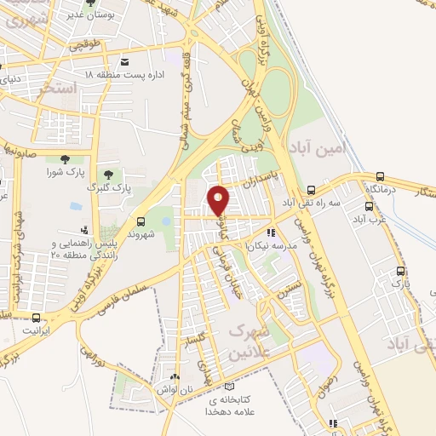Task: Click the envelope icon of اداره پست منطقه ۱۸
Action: pos(126,62)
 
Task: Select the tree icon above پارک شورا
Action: pos(65,158)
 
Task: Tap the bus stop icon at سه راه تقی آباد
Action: pos(313,191)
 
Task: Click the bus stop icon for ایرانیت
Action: pos(36,317)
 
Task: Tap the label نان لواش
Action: pos(176,388)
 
